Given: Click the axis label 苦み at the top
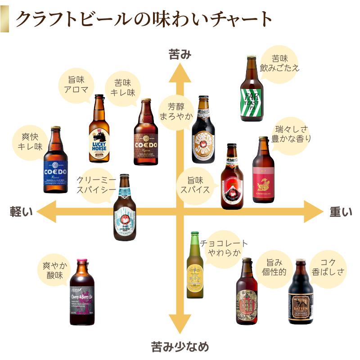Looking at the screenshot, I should coord(180,54).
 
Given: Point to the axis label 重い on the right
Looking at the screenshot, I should coord(340,212).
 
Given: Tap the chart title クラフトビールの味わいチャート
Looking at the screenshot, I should coord(144,19).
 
